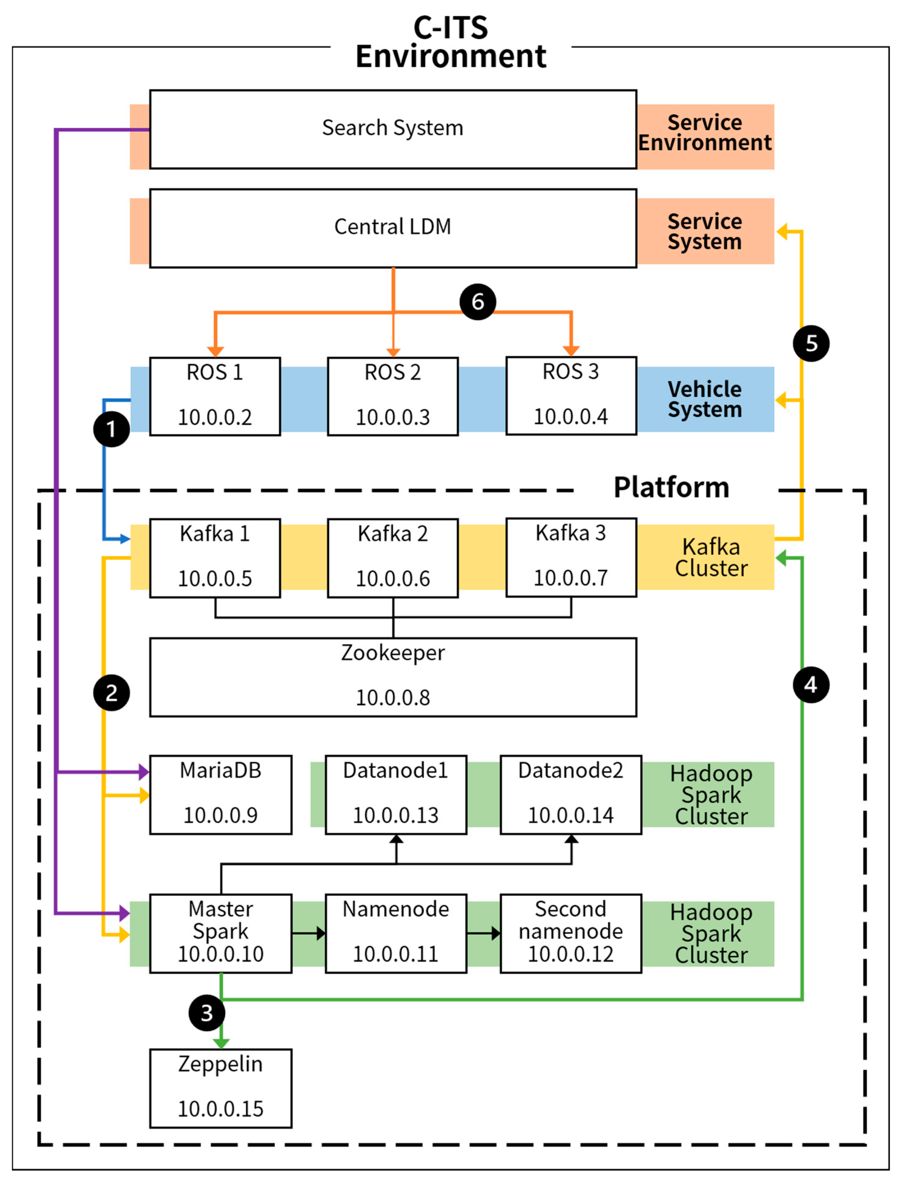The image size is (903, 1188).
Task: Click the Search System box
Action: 393,129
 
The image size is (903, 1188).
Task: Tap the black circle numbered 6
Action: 477,302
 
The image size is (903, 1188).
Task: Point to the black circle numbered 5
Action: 811,343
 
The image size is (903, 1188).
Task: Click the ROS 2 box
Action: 393,396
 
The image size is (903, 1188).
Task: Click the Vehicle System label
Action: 705,399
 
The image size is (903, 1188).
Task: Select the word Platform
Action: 671,488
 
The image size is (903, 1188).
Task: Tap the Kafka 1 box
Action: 215,558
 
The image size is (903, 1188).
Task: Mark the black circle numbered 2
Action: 111,693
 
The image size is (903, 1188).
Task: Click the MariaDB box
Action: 220,794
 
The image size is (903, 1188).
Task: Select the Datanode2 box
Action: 571,794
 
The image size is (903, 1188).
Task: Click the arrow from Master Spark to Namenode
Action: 309,933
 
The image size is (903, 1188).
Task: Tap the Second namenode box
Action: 571,933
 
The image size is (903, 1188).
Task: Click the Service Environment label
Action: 705,133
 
